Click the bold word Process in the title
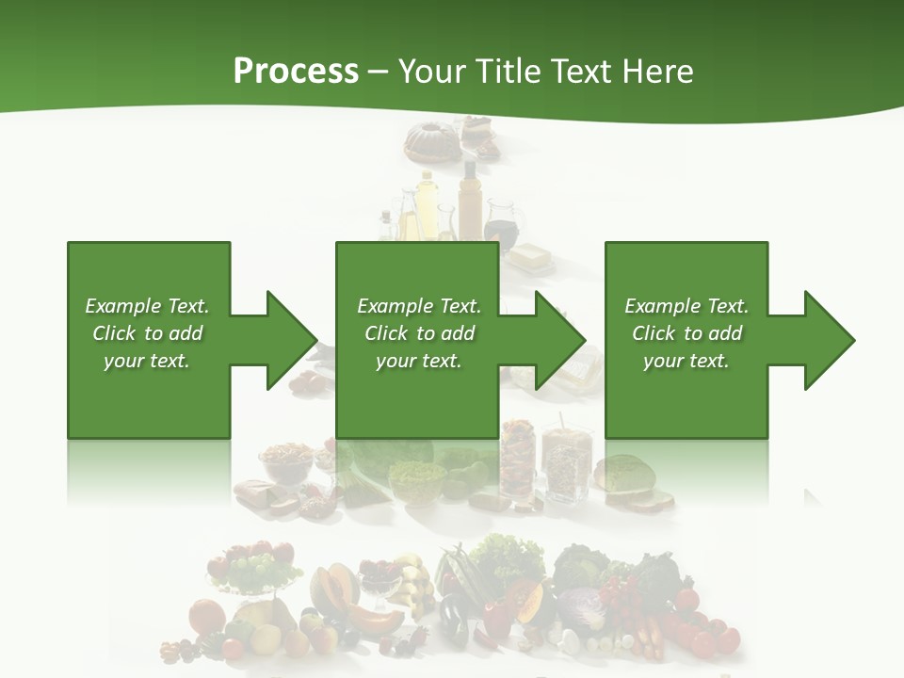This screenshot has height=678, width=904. point(296,72)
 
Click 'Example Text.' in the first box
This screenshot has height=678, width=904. point(147,306)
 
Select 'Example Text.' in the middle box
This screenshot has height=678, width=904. point(418,306)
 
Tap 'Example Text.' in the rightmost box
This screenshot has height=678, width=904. point(686,306)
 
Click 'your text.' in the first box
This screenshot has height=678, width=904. point(147,361)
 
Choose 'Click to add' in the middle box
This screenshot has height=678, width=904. point(418,333)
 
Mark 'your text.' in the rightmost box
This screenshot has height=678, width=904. point(686,361)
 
